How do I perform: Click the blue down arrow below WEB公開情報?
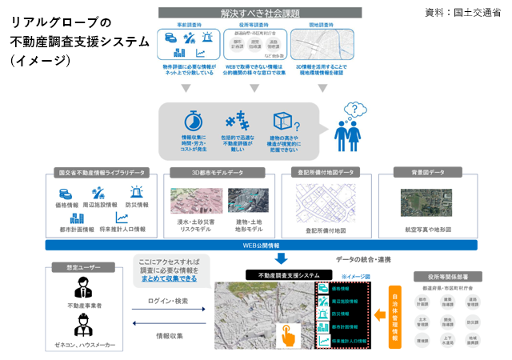click(x=280, y=259)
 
